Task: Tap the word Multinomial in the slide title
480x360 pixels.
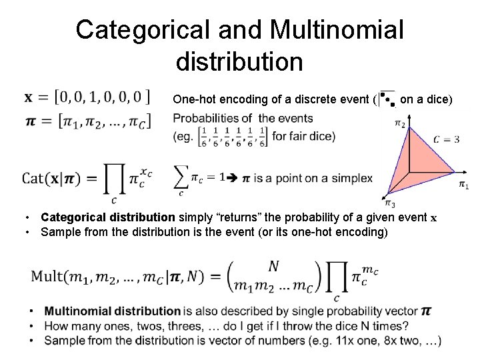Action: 335,30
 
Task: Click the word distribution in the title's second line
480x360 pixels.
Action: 239,62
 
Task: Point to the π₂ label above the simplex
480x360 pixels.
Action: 399,123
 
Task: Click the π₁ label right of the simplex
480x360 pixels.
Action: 463,185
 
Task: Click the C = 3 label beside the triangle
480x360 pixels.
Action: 446,139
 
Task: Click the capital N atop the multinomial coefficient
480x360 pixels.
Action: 273,267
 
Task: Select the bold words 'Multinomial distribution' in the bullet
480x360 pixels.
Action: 113,311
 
